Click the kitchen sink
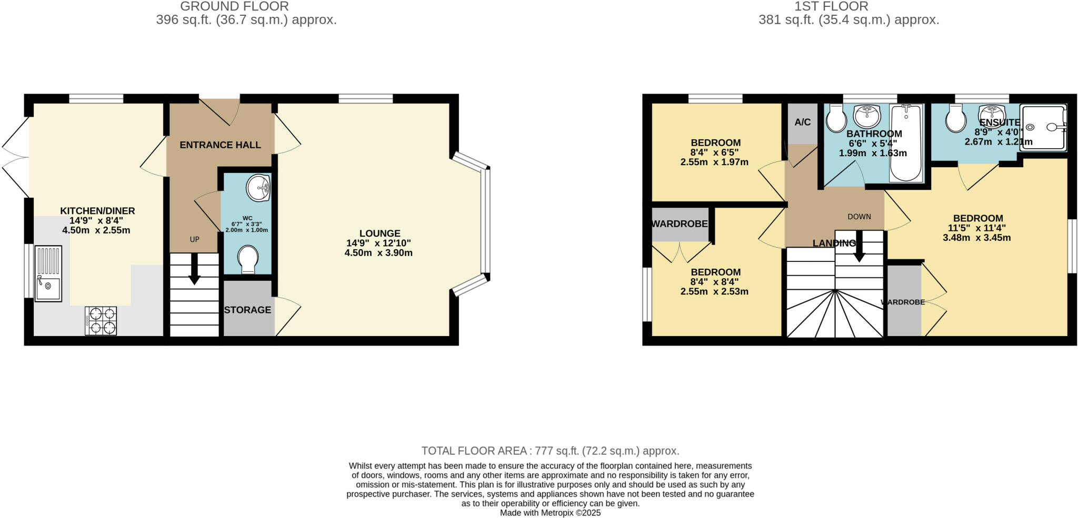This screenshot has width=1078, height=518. (48, 274)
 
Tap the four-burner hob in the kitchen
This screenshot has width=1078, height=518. (101, 321)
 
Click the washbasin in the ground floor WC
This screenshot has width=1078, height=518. (259, 188)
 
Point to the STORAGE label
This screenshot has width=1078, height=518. (247, 310)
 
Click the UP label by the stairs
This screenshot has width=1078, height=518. (194, 239)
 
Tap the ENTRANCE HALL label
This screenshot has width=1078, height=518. (220, 145)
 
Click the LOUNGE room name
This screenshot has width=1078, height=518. (380, 233)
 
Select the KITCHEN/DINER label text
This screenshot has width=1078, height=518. (97, 211)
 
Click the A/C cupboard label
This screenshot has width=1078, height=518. (802, 123)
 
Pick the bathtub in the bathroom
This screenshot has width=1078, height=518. (906, 144)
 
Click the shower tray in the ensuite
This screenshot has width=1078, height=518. (1043, 127)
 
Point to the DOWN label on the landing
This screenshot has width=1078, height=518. (859, 217)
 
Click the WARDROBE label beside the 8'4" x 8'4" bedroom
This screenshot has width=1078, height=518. (680, 224)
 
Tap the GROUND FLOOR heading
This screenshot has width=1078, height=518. (234, 6)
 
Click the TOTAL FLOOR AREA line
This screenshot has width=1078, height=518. (550, 451)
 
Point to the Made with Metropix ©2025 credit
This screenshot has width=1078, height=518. (550, 513)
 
